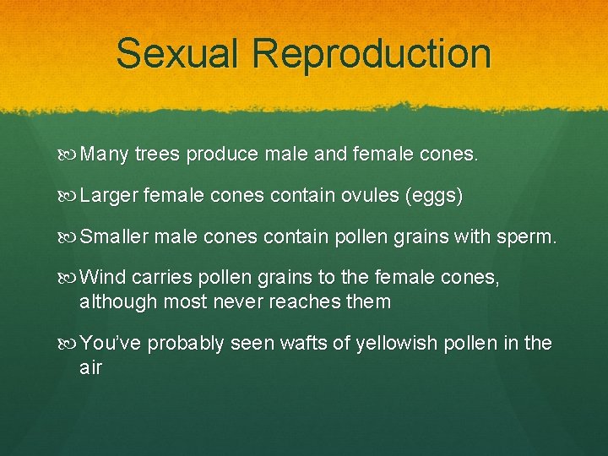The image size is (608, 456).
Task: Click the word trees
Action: click(x=158, y=155)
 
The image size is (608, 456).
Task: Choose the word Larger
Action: click(x=109, y=196)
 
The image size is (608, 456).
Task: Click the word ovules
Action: click(x=368, y=196)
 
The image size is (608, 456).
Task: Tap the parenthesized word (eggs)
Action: click(x=434, y=196)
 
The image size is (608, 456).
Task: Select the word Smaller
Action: click(x=114, y=237)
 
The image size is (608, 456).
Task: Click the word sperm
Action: click(x=529, y=237)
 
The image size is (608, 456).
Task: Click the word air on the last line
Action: click(x=90, y=368)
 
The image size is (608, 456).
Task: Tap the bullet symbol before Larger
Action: click(x=69, y=197)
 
